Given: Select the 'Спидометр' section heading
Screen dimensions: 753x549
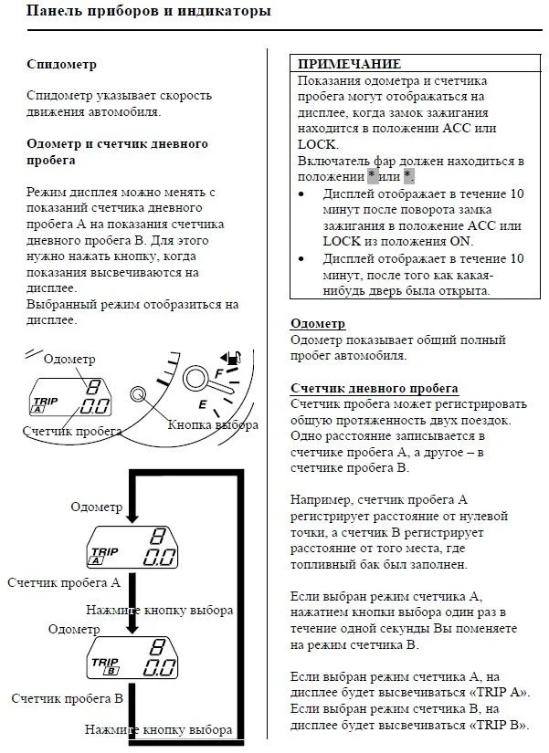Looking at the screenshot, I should (62, 65).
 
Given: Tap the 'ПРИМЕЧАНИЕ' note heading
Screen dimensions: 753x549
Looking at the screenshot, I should (349, 64).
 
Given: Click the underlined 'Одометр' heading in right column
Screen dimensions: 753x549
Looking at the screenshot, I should (317, 324).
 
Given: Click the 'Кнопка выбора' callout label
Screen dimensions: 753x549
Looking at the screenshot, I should (213, 425).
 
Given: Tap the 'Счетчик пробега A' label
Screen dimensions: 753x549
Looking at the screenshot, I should (64, 581).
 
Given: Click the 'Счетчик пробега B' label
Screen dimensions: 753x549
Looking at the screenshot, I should (67, 698).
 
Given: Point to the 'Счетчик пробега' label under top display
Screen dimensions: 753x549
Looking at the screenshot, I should (73, 431).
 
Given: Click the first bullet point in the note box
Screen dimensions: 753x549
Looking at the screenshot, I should (302, 193).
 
